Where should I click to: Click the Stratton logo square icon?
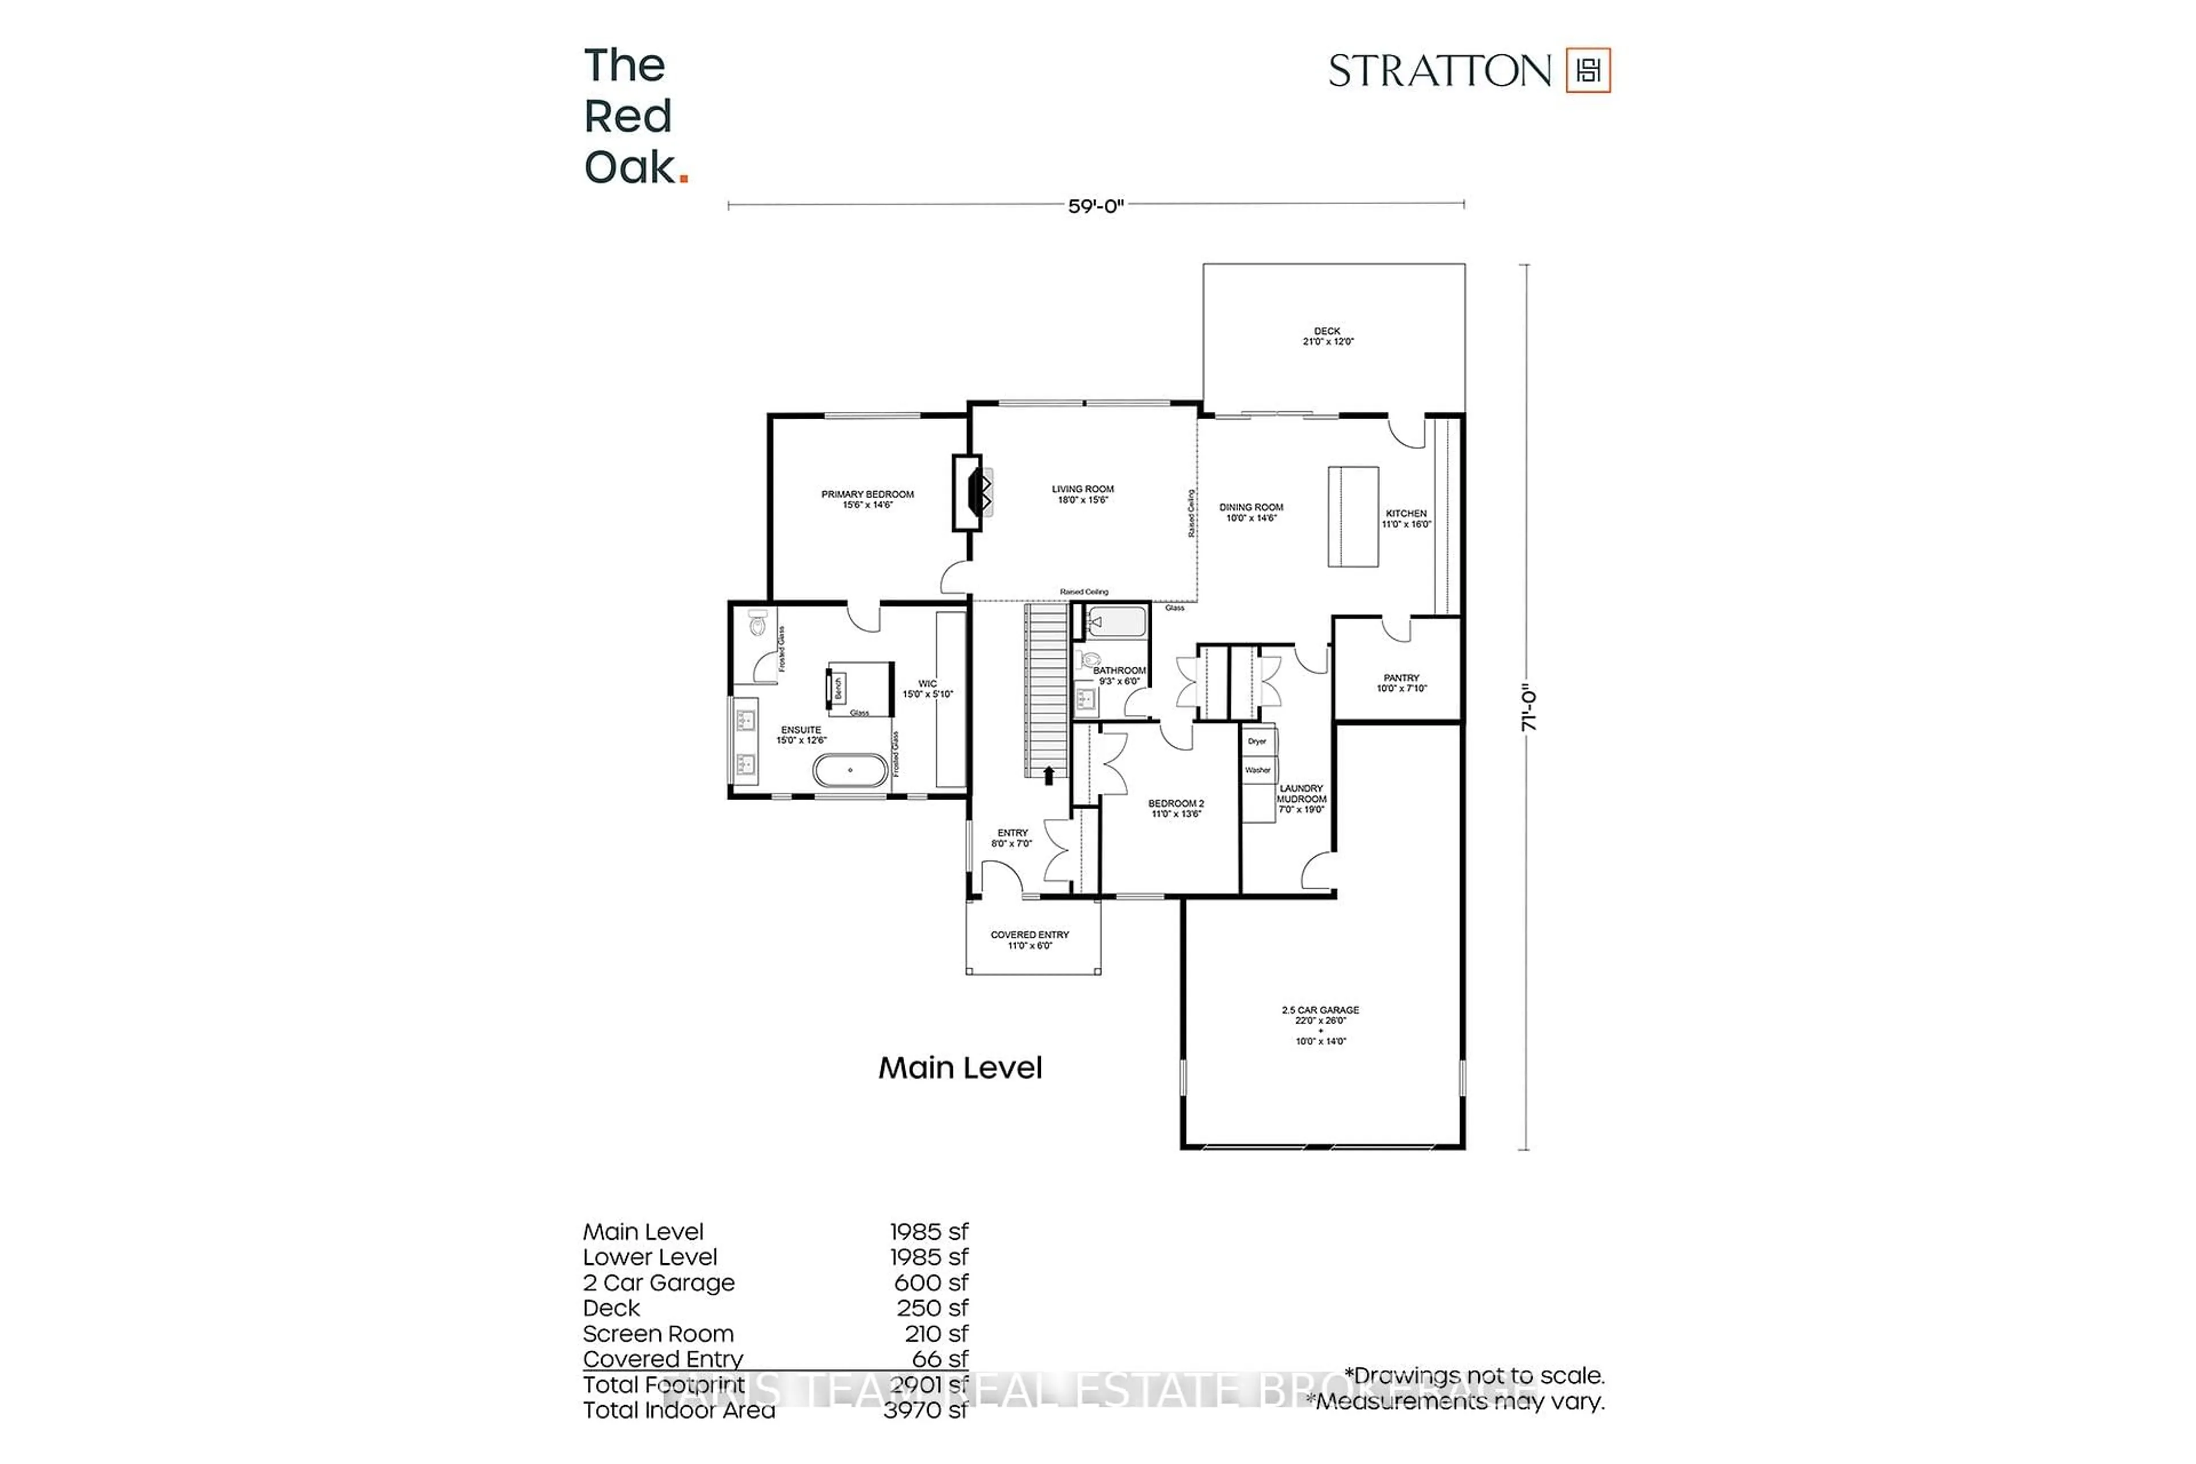(x=1588, y=70)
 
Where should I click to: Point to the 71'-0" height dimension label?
(x=1529, y=710)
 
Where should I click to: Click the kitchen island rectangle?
(x=1353, y=516)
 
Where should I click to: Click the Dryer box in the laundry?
(x=1257, y=741)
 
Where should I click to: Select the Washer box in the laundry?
(x=1257, y=770)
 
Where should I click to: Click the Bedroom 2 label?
(x=1176, y=809)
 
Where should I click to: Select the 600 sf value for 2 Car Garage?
(x=931, y=1283)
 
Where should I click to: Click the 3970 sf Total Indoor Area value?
(x=925, y=1410)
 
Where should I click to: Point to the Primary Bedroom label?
(x=868, y=499)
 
